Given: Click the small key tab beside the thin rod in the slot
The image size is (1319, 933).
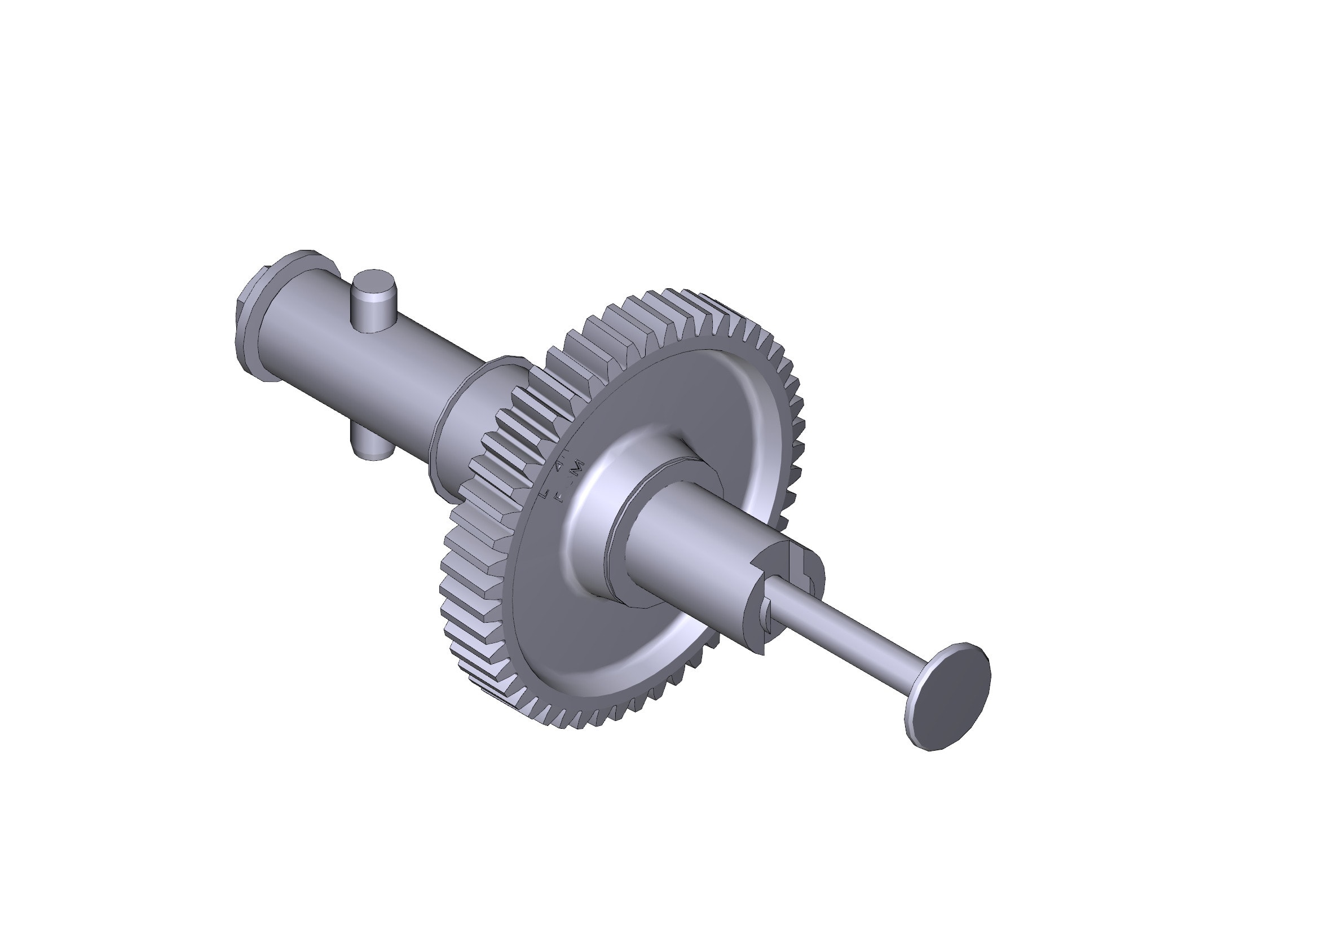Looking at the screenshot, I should point(767,610).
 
